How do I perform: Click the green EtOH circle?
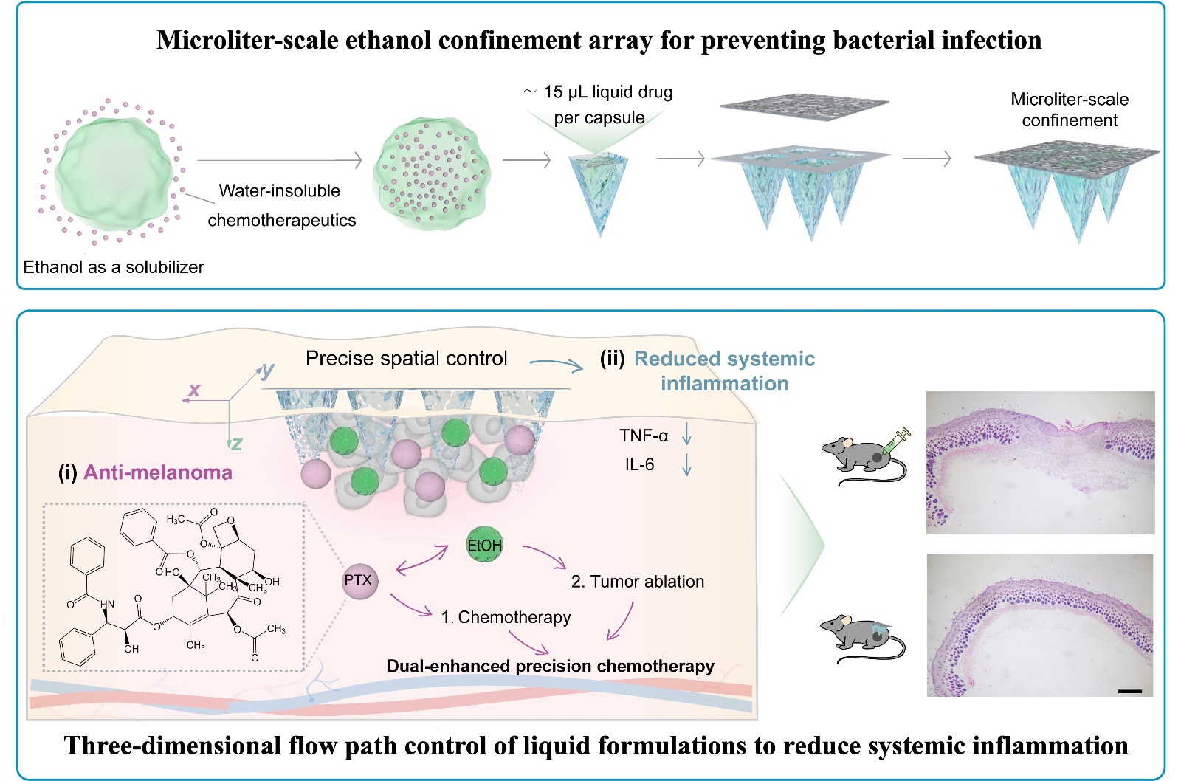484,545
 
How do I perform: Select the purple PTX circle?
359,580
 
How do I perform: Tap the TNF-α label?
644,436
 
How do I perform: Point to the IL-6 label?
639,464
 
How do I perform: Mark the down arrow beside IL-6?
686,464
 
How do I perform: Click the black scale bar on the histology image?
1129,691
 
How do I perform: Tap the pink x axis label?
194,389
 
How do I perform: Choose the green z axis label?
236,443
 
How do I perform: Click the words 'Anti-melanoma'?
158,472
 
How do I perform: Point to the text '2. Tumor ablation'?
638,582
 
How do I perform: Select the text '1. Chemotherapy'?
506,617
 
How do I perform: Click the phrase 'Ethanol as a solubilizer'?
114,267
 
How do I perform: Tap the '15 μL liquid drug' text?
608,92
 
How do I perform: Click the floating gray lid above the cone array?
804,104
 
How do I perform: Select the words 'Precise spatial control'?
407,359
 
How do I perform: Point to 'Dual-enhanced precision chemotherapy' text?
551,666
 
